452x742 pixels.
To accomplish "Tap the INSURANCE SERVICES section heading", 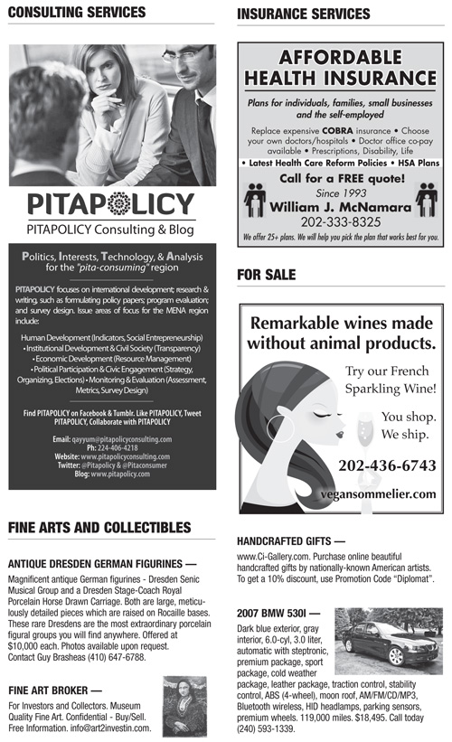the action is (303, 14).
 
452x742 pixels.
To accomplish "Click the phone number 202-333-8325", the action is (340, 221).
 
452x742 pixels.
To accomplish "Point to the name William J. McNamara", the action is (340, 206).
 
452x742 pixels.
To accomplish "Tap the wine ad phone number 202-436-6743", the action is (387, 465).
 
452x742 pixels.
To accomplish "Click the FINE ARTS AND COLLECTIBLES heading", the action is (99, 528).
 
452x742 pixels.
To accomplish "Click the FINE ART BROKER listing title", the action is (54, 690).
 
